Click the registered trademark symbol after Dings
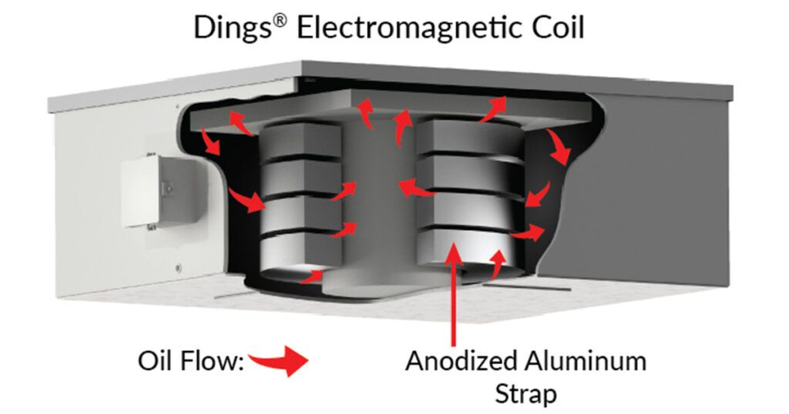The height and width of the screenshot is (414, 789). point(284,19)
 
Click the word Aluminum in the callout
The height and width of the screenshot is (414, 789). point(583,361)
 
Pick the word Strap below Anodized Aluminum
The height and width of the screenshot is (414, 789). point(526,394)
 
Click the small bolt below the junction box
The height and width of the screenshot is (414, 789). point(178,268)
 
